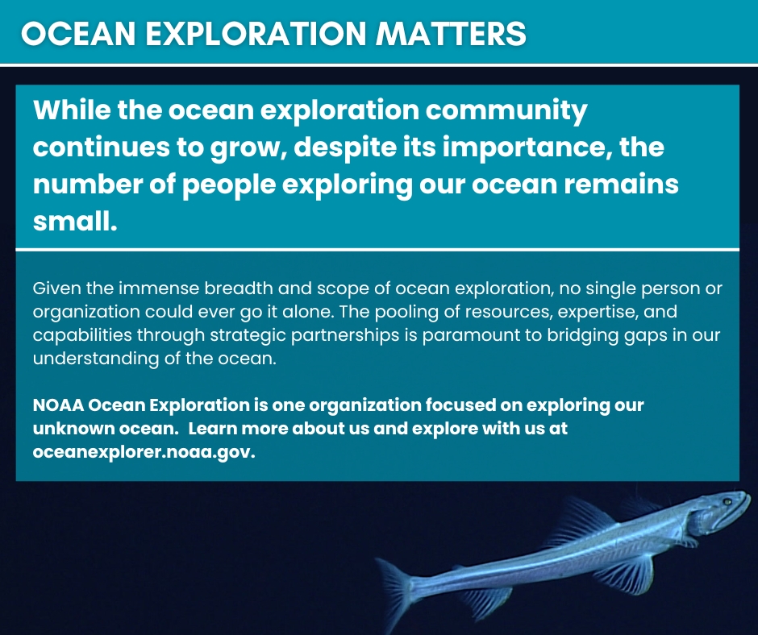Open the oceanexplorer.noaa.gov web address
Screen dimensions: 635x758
(x=144, y=452)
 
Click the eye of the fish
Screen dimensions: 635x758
(x=727, y=502)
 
